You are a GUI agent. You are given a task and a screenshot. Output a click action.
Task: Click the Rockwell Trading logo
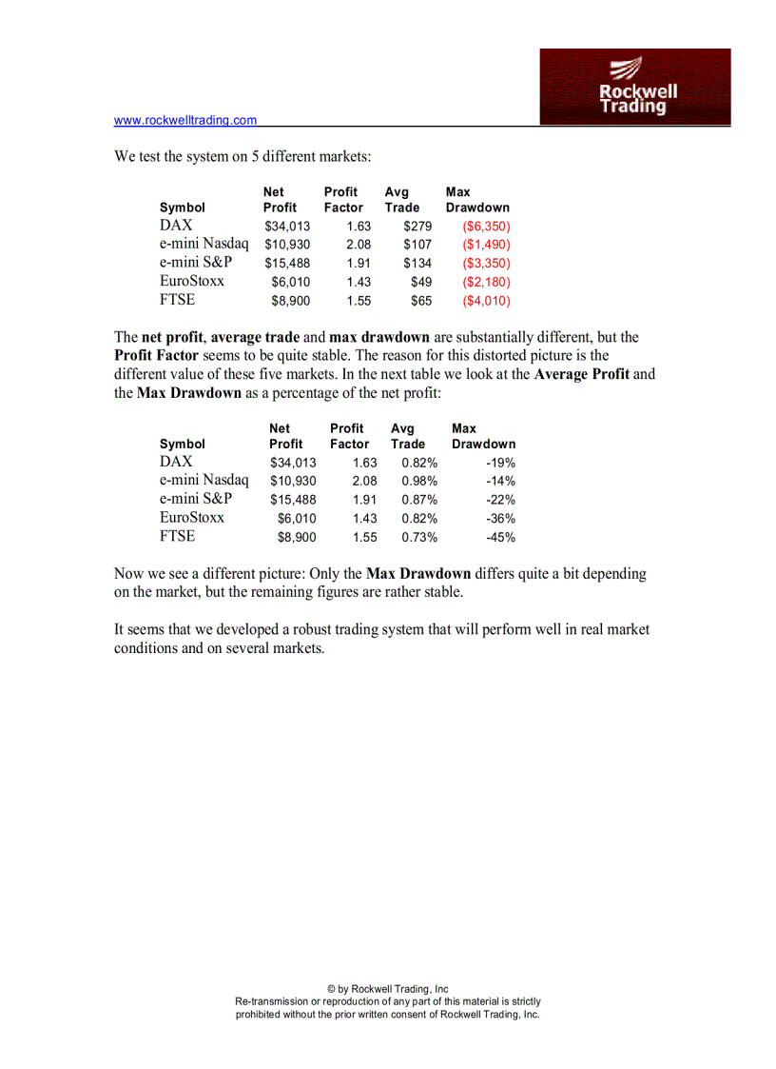(635, 87)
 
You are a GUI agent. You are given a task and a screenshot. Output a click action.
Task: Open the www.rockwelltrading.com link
(185, 120)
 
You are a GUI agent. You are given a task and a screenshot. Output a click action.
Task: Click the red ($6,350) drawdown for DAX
(486, 227)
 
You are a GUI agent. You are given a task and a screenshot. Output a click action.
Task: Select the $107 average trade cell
(417, 245)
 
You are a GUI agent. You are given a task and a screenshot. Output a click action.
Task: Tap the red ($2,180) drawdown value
(486, 282)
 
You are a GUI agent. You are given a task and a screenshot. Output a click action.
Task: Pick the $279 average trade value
(417, 227)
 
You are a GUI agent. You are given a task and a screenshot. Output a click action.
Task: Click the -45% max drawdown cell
(500, 537)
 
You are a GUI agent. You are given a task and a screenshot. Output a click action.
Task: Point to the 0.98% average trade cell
(419, 482)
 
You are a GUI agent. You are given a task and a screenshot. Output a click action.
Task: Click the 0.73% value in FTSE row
(419, 537)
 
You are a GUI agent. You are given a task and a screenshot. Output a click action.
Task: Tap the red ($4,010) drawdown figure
(486, 301)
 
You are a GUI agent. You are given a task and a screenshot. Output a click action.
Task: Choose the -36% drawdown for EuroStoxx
(500, 519)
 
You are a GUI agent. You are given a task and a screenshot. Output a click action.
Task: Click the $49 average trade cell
(421, 282)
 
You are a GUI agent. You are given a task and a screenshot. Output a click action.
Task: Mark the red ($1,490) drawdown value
(486, 245)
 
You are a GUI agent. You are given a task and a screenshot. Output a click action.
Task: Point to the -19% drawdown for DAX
(500, 463)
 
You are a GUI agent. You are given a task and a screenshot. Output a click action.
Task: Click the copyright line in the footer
(387, 989)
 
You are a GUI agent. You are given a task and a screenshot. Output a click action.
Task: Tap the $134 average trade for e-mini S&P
(417, 264)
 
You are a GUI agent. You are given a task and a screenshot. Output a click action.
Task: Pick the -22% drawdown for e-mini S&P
(500, 500)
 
